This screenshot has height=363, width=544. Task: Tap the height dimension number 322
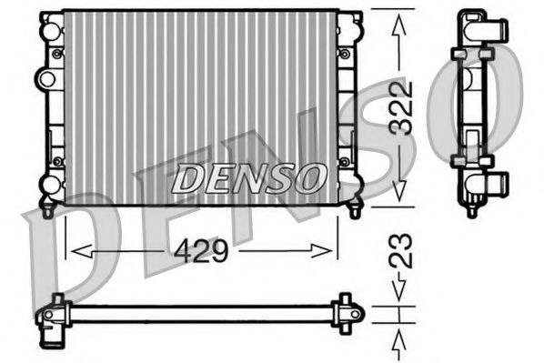[402, 108]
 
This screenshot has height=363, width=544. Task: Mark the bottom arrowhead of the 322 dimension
[398, 193]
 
